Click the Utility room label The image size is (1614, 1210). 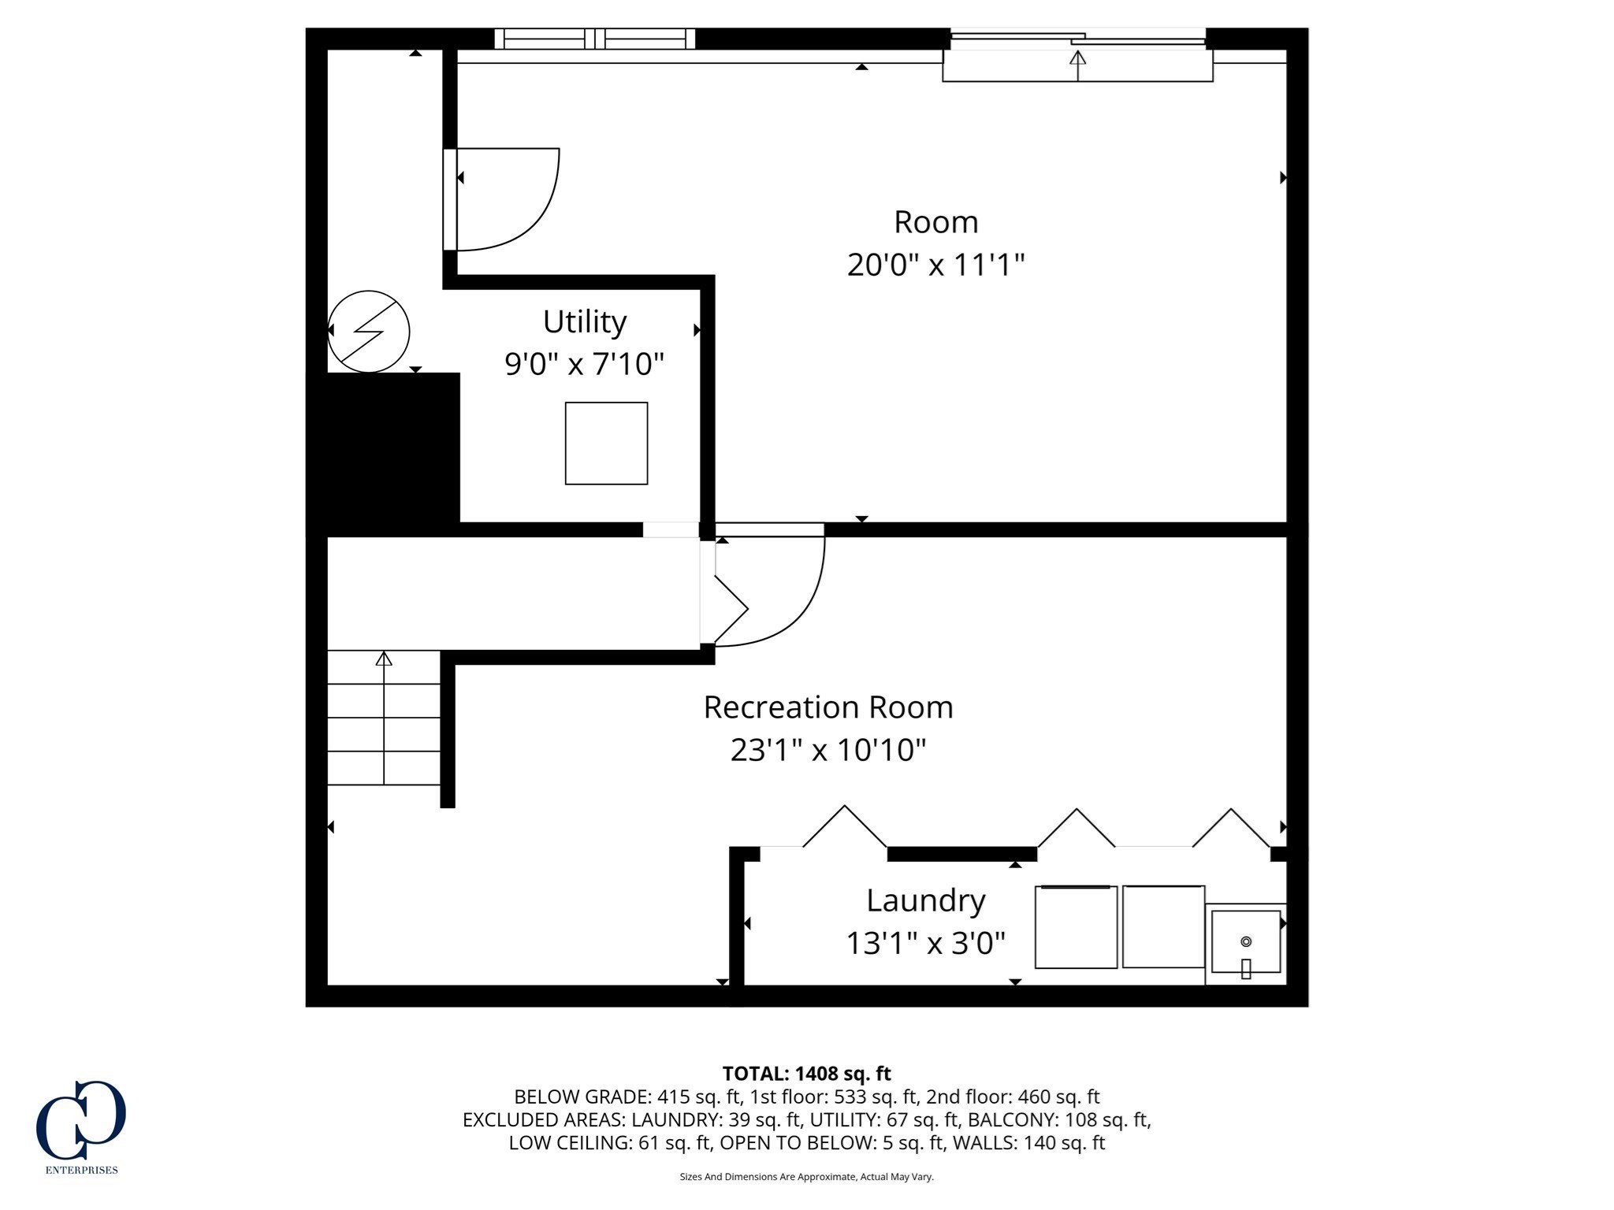(x=584, y=322)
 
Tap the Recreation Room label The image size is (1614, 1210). (x=827, y=707)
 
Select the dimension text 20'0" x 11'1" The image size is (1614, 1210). (x=935, y=265)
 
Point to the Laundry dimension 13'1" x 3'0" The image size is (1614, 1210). (x=925, y=943)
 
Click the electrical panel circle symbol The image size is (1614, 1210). (x=369, y=332)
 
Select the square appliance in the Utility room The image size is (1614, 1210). (x=606, y=444)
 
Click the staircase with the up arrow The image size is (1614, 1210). (x=384, y=718)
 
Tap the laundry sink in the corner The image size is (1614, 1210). (x=1245, y=942)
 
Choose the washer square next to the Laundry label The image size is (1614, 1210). (x=1076, y=927)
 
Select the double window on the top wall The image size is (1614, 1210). (x=595, y=39)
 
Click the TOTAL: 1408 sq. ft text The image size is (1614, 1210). (x=806, y=1074)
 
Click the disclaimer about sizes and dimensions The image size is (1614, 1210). (x=806, y=1177)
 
